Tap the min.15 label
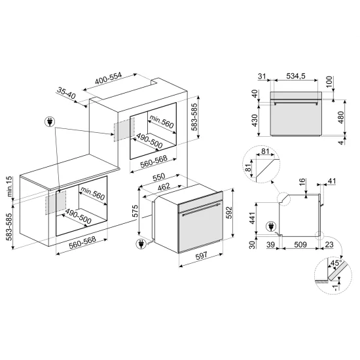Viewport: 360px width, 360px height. pyautogui.click(x=10, y=185)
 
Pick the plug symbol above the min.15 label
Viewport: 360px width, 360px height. pyautogui.click(x=50, y=122)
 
